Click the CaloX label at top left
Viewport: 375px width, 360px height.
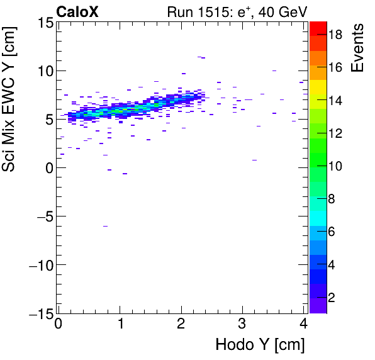tap(77, 11)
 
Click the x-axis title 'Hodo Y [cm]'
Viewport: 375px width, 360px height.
tap(260, 345)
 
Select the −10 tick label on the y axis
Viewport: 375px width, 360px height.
tap(38, 265)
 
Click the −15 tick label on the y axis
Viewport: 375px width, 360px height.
tap(38, 313)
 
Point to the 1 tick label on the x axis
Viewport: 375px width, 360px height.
tap(120, 325)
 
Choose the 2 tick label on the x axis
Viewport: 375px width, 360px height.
tap(181, 325)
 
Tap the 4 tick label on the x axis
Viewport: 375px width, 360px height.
tap(304, 325)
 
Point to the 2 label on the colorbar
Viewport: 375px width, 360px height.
tap(332, 296)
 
